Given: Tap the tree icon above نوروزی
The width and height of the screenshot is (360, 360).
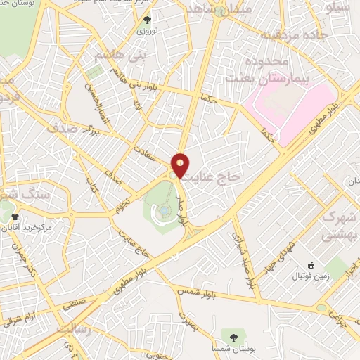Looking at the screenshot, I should [x=147, y=20].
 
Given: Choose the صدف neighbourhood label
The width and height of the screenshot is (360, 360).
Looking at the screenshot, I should [x=62, y=129].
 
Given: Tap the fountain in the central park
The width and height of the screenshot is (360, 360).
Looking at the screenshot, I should [x=164, y=209].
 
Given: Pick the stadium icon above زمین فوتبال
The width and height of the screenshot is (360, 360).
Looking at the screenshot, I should [x=311, y=265].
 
